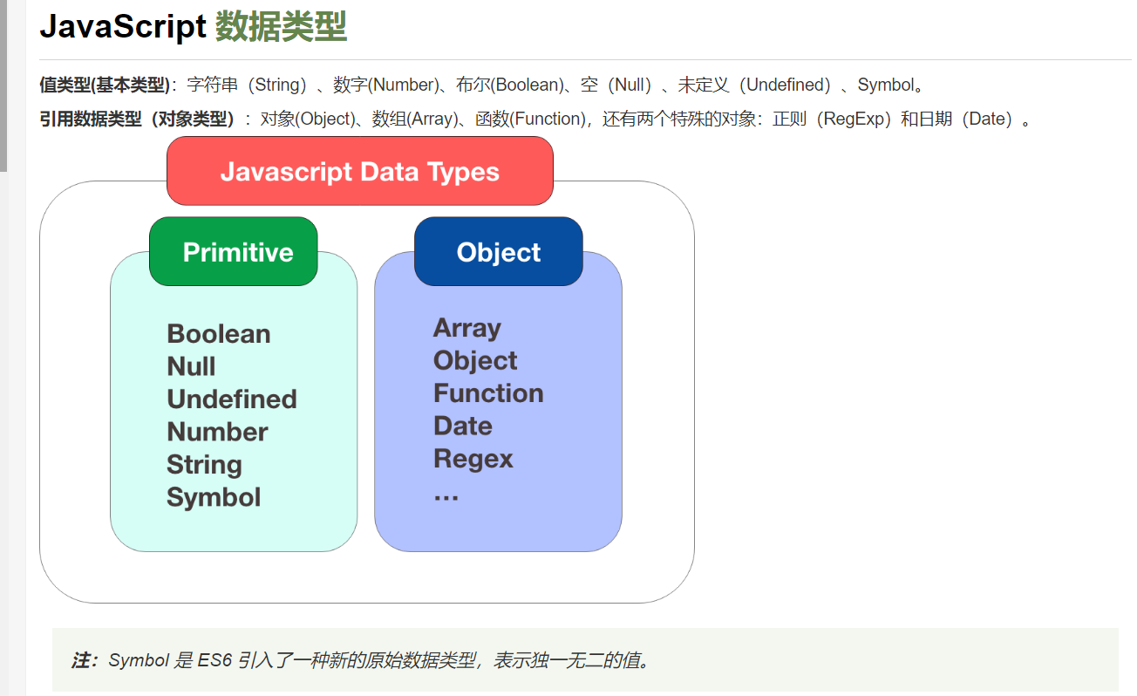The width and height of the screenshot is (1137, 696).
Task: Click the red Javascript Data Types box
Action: (359, 171)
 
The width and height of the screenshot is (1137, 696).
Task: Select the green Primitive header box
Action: (234, 252)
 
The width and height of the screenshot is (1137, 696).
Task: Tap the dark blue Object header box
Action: (498, 252)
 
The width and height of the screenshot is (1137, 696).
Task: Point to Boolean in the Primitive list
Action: (218, 334)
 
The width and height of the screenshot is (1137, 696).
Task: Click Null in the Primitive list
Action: (191, 366)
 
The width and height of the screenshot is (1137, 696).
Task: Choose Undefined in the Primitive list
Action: (232, 399)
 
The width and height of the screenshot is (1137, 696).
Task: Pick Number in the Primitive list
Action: (217, 432)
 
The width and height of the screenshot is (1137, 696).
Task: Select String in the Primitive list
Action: (204, 465)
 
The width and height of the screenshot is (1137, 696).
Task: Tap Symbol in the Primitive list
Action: (214, 497)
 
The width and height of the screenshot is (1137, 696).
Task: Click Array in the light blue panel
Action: (466, 328)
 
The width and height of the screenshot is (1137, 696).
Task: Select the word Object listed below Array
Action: (475, 360)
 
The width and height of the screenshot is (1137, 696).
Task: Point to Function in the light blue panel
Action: (488, 393)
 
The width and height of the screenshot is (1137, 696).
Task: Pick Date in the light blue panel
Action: (462, 426)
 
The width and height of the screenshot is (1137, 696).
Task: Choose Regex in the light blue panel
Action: (473, 459)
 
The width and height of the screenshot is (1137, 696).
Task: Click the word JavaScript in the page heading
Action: (122, 27)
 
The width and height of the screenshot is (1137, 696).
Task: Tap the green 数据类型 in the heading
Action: (281, 27)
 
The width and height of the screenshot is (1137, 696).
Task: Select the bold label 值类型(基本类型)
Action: (105, 85)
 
